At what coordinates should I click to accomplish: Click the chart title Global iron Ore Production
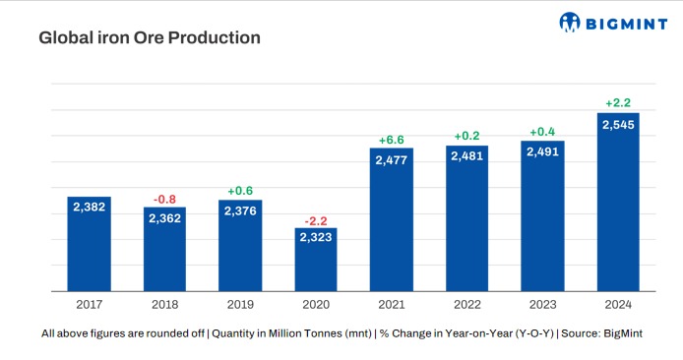[x=149, y=38]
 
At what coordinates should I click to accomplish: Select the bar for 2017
[x=89, y=244]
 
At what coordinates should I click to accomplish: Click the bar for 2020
[x=315, y=261]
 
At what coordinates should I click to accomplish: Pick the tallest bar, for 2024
[x=618, y=202]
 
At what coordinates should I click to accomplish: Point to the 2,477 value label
[x=392, y=159]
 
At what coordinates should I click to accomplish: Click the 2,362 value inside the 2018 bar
[x=164, y=218]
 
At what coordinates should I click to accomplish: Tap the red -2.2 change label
[x=315, y=221]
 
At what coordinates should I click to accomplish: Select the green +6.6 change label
[x=392, y=140]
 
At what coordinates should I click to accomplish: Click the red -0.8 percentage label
[x=164, y=199]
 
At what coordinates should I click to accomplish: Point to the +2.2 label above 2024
[x=618, y=103]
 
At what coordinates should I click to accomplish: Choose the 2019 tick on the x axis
[x=240, y=306]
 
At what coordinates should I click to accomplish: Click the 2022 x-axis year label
[x=466, y=306]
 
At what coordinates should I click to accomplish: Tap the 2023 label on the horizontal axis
[x=542, y=306]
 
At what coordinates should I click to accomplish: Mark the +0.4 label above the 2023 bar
[x=543, y=132]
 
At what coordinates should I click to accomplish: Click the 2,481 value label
[x=466, y=157]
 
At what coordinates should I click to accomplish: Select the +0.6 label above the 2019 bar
[x=240, y=191]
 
